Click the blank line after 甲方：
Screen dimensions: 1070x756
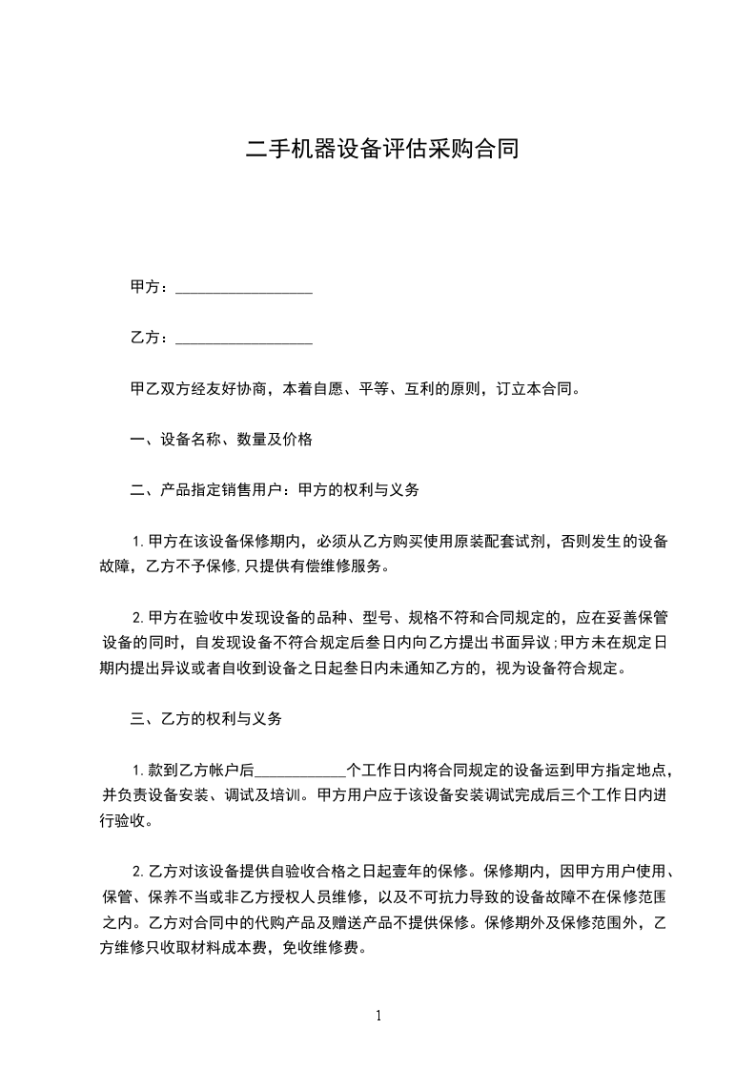coord(245,288)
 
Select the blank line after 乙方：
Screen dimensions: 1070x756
coord(245,339)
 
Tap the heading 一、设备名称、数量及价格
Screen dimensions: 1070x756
coord(221,440)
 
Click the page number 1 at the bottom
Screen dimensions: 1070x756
coord(378,1016)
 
